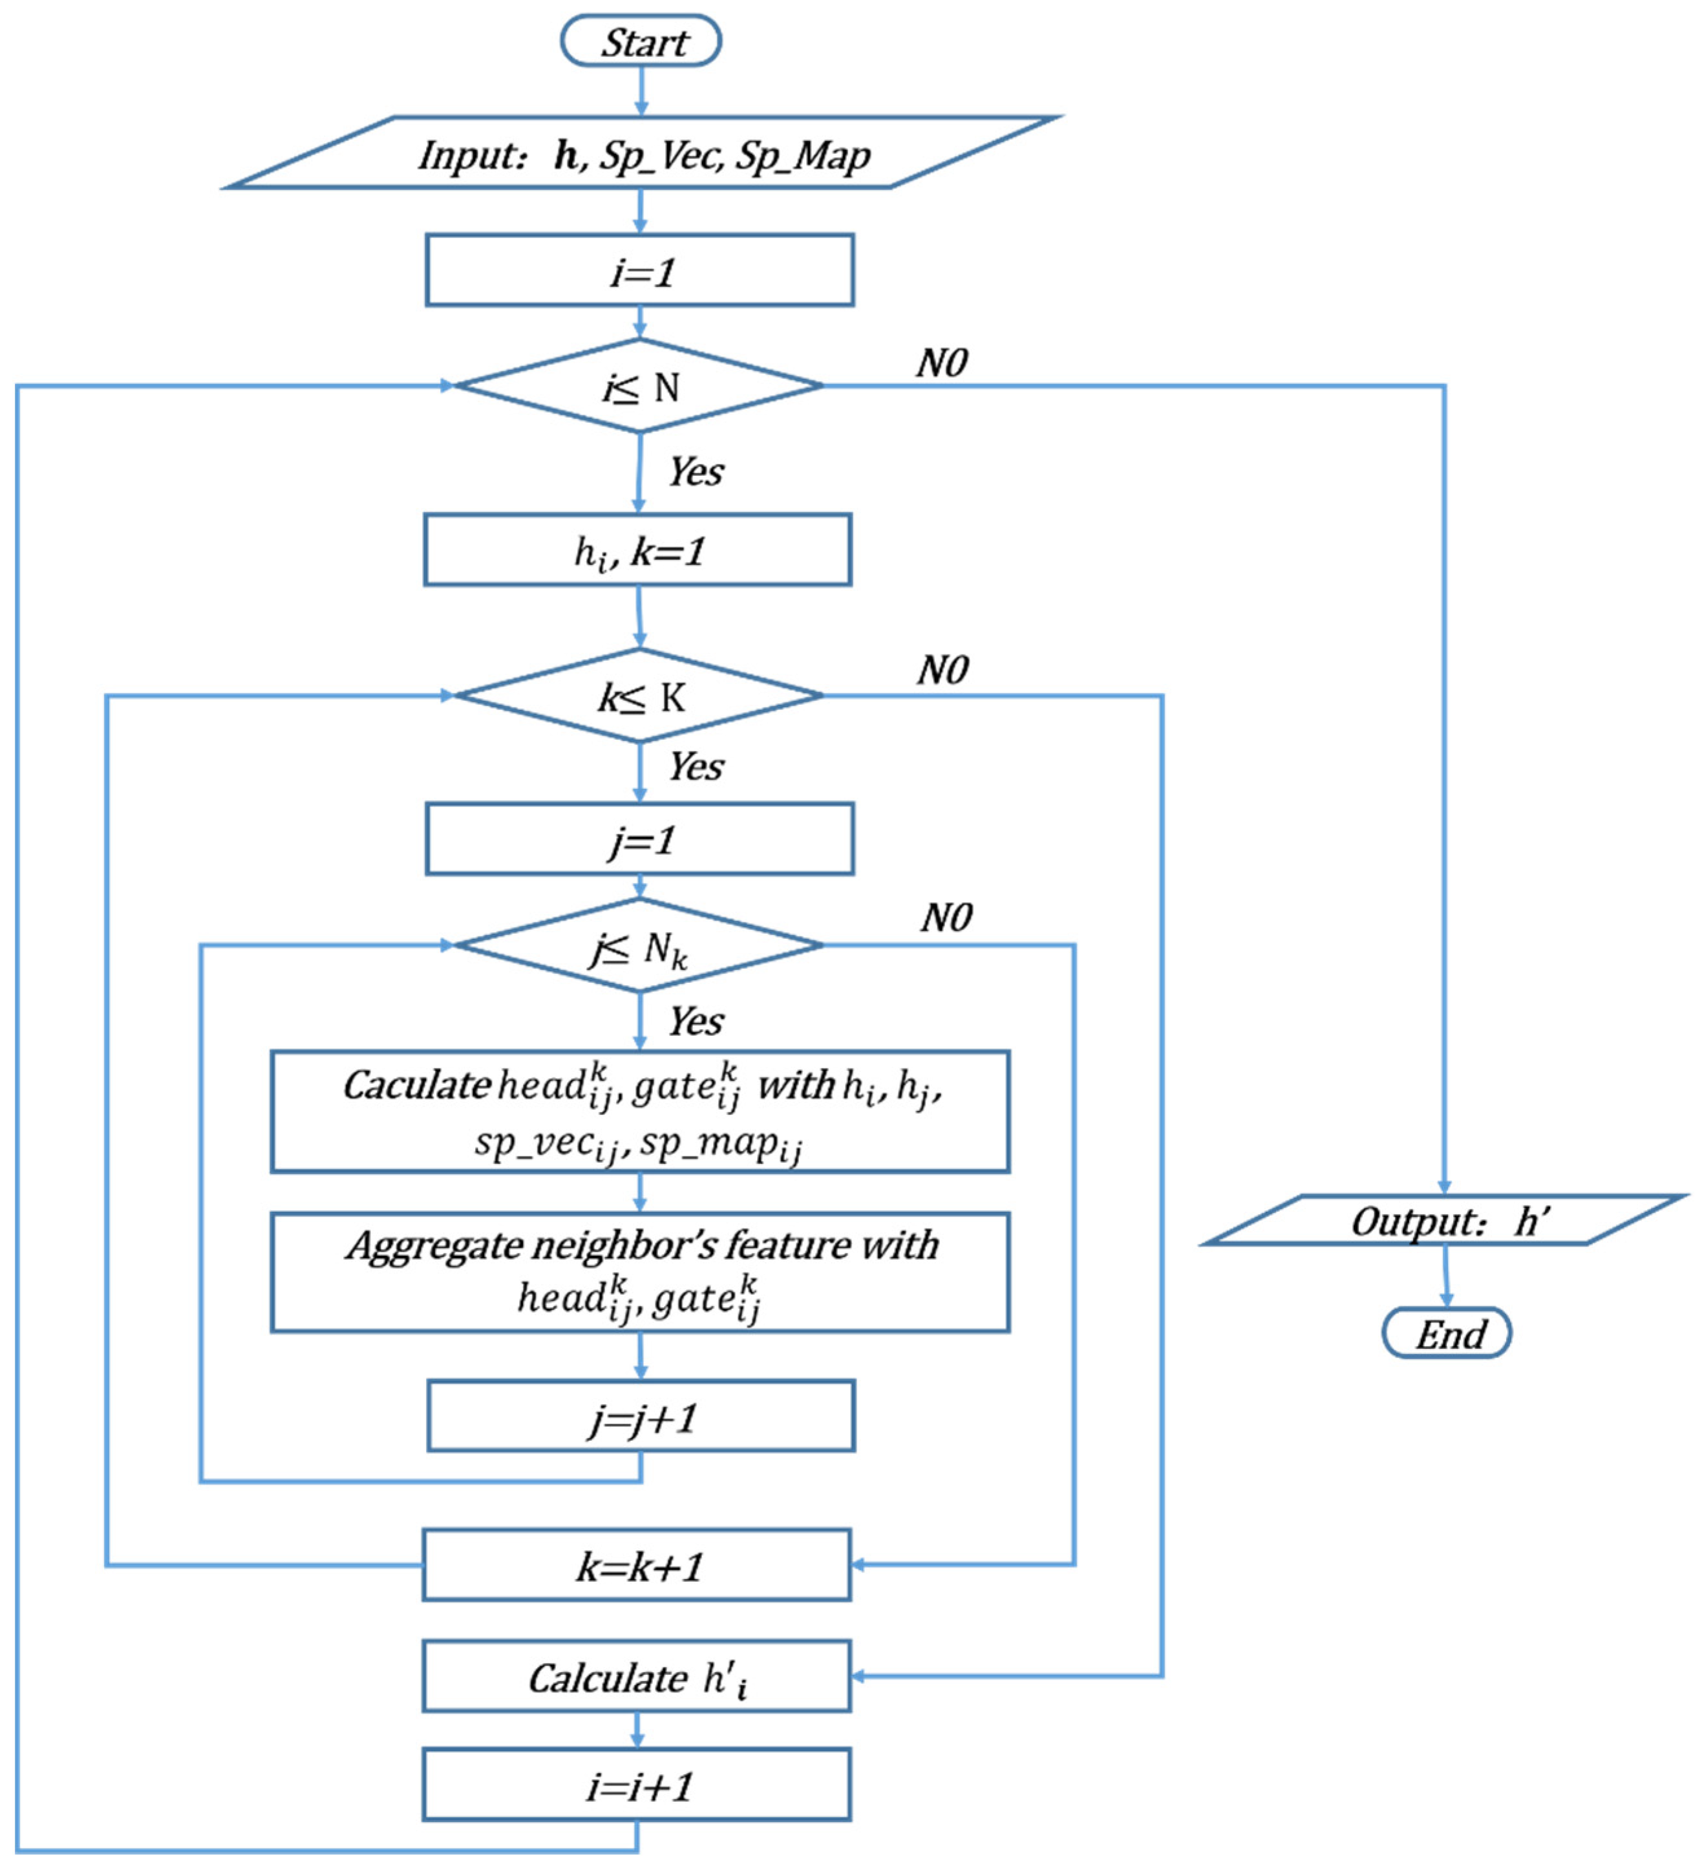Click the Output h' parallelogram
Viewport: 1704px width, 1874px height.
pyautogui.click(x=1445, y=1220)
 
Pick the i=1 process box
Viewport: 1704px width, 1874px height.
pyautogui.click(x=639, y=270)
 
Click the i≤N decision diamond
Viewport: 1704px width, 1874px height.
pyautogui.click(x=639, y=386)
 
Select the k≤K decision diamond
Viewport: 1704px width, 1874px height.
pyautogui.click(x=639, y=695)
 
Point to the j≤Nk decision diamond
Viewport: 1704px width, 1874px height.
pyautogui.click(x=639, y=945)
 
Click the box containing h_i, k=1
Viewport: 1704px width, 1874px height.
pyautogui.click(x=637, y=550)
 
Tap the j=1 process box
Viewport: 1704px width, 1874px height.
pyautogui.click(x=639, y=839)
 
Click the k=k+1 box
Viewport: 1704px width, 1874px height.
pyautogui.click(x=637, y=1566)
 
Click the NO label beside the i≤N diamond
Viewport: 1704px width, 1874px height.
pyautogui.click(x=941, y=363)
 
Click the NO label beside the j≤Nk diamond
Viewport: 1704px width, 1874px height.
pyautogui.click(x=946, y=918)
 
